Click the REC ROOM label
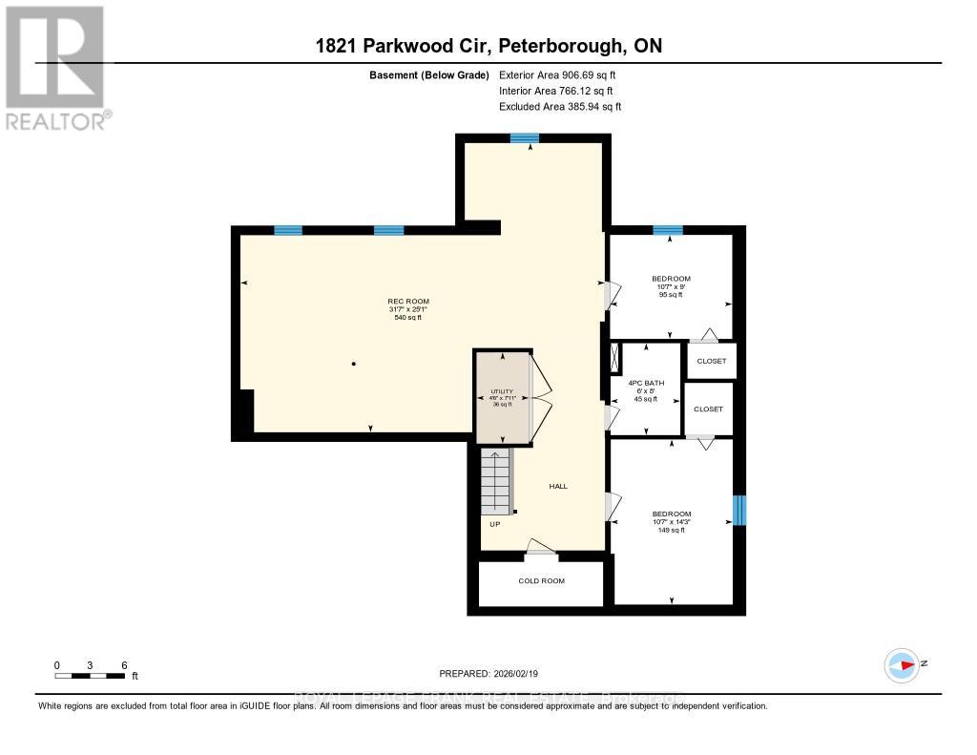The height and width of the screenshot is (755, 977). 407,302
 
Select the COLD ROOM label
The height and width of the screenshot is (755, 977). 541,580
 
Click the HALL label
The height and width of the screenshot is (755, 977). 558,486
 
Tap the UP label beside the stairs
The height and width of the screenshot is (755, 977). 495,523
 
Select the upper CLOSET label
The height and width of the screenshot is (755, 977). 711,361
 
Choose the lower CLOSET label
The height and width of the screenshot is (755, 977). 709,409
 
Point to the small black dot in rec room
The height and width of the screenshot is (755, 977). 353,363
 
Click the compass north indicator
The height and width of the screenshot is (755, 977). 902,664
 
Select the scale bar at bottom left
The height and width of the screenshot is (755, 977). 90,676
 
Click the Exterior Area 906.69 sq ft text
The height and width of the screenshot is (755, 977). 565,74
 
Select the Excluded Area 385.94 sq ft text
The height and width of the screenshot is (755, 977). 560,107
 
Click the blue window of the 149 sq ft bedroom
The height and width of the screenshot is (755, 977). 738,510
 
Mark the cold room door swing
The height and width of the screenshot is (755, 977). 541,546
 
